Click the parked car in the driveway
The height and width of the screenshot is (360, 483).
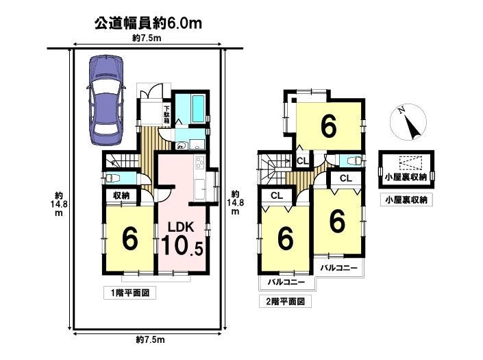tap(106, 100)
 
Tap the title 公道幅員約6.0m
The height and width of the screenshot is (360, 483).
tap(148, 23)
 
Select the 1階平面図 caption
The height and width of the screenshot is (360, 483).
tap(130, 293)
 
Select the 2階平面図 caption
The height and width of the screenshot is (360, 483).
tap(285, 301)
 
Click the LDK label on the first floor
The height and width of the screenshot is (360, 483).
tap(181, 227)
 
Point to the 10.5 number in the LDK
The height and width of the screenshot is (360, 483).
tap(182, 245)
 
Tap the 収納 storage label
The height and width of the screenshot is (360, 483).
tap(121, 195)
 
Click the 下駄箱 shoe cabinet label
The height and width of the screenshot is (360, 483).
tap(166, 115)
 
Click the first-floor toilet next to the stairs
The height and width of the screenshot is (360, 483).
tap(110, 178)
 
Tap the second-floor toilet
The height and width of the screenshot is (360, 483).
tap(353, 160)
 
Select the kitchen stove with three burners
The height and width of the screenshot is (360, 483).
tap(199, 162)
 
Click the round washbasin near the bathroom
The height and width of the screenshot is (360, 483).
tap(181, 145)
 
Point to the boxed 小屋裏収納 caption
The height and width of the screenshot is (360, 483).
tap(406, 200)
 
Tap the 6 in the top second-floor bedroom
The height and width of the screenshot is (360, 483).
tap(328, 126)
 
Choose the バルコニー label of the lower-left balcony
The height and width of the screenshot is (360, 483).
tap(286, 282)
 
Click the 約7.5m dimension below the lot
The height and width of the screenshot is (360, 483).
tap(150, 340)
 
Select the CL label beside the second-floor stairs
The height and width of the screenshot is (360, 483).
tap(303, 161)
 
